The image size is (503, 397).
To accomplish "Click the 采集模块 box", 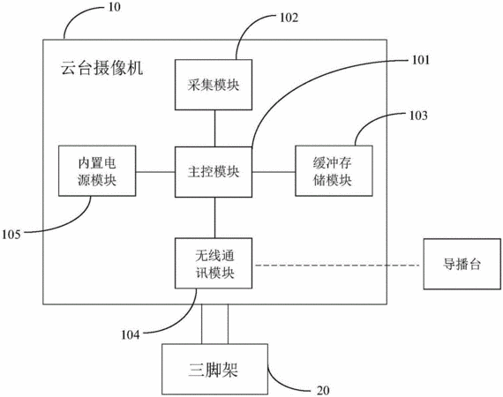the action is pos(214,85).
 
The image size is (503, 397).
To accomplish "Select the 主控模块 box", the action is pos(214,172).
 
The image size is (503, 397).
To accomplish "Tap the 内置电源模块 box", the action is pos(97,170).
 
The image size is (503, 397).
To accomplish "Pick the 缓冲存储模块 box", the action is pos(334,170).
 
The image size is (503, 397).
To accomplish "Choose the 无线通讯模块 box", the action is pos(214,263).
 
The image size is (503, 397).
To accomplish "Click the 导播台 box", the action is pos(462,264).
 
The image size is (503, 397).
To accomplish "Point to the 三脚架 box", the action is pos(214,369).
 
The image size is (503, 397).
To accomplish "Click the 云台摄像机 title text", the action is pos(102,68).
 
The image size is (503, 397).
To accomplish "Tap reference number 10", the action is pos(114,7).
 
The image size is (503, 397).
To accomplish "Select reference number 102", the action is pos(289,18).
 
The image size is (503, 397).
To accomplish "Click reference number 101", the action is pos(420,60).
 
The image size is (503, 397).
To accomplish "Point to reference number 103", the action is pos(418,116).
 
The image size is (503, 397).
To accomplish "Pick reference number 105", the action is pos(11,235).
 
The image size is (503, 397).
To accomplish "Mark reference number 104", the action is pos(131,335).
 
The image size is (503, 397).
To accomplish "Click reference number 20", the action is pos(323,391).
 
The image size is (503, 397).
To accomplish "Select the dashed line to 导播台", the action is pos(337,266).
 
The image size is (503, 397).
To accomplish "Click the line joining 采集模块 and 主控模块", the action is pos(214,128).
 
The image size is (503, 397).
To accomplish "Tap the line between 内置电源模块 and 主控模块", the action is pos(155,172).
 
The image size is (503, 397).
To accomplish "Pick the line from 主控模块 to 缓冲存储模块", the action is pos(274,172).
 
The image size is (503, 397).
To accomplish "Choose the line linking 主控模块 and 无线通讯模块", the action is pos(214,217).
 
